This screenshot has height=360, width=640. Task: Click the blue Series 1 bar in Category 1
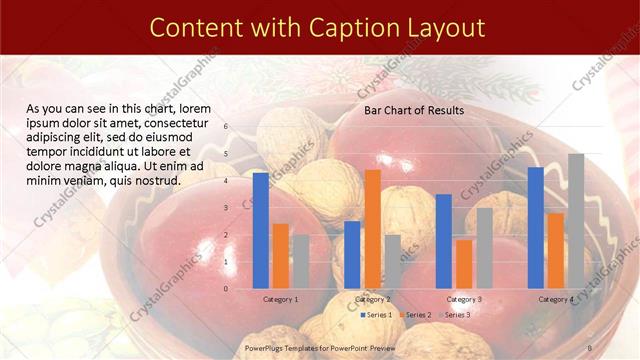pyautogui.click(x=261, y=231)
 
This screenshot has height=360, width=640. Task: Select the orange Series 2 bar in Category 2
pyautogui.click(x=372, y=229)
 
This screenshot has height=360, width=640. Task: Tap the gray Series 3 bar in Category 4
pyautogui.click(x=576, y=221)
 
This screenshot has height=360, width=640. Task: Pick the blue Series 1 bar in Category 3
pyautogui.click(x=444, y=241)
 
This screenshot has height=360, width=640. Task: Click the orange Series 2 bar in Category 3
pyautogui.click(x=464, y=264)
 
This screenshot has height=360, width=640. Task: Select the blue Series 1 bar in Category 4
pyautogui.click(x=536, y=228)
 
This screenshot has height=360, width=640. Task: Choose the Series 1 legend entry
pyautogui.click(x=374, y=315)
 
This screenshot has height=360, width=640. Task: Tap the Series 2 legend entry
pyautogui.click(x=415, y=315)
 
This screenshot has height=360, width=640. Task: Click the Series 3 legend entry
pyautogui.click(x=456, y=315)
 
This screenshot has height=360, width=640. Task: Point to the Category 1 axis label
pyautogui.click(x=280, y=299)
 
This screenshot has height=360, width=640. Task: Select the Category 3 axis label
pyautogui.click(x=464, y=299)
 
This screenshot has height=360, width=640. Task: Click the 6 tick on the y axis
pyautogui.click(x=226, y=127)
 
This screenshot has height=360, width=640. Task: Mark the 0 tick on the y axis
pyautogui.click(x=226, y=289)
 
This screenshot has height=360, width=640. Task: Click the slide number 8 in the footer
pyautogui.click(x=591, y=346)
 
